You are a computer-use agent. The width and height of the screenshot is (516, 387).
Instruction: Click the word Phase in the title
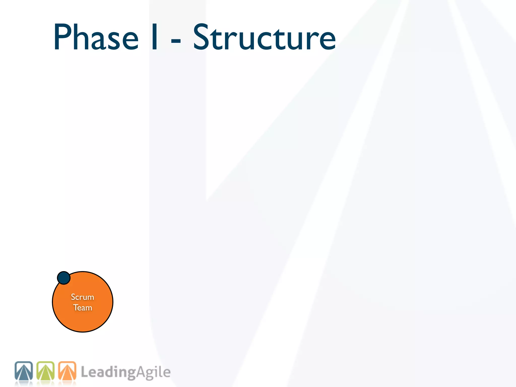pos(96,37)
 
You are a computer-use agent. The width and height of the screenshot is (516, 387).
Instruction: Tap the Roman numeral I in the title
pos(155,37)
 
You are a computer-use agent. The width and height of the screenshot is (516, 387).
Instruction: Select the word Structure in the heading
pos(264,37)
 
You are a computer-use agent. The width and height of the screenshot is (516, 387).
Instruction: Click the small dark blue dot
pos(64,278)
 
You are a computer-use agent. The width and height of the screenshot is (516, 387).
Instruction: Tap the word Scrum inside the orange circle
pos(82,297)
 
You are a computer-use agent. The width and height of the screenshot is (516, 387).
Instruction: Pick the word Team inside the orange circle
pos(83,308)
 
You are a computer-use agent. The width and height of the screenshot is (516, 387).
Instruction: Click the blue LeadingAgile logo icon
pos(24,371)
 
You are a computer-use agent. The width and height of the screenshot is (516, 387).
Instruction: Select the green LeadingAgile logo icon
pos(45,371)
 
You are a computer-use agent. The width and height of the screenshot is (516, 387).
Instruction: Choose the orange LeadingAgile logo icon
pos(67,371)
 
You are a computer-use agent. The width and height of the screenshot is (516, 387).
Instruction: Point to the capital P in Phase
pos(61,37)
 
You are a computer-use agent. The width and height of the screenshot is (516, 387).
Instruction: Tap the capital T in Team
pos(76,307)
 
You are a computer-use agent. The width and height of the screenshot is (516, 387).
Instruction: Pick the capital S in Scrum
pos(73,297)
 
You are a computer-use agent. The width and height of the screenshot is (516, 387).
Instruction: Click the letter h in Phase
pos(80,37)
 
